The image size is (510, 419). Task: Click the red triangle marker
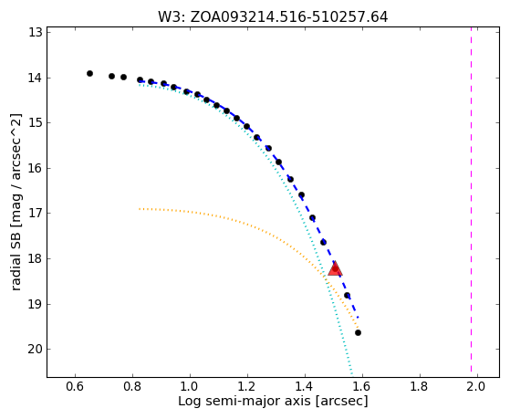point(335,268)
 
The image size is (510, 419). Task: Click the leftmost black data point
point(89,74)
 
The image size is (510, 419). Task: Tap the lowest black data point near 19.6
point(358,332)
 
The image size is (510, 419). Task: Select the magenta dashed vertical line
point(471,202)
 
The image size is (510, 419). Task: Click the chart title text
point(273,17)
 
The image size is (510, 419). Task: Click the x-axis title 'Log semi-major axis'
point(245,401)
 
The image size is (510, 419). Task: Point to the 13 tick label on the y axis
point(36,33)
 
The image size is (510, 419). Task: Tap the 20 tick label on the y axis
point(36,350)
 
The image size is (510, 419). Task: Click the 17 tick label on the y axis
point(36,214)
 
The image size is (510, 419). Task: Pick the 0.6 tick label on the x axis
point(75,387)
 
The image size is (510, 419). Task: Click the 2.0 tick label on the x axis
point(477,387)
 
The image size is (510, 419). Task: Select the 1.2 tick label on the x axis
point(247,387)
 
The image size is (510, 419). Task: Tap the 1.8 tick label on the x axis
point(420,387)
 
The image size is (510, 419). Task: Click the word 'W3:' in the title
point(172,17)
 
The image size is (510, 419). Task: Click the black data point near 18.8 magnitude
point(347,296)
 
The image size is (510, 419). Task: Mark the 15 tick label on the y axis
point(36,123)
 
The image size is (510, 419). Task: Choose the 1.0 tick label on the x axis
point(190,387)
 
